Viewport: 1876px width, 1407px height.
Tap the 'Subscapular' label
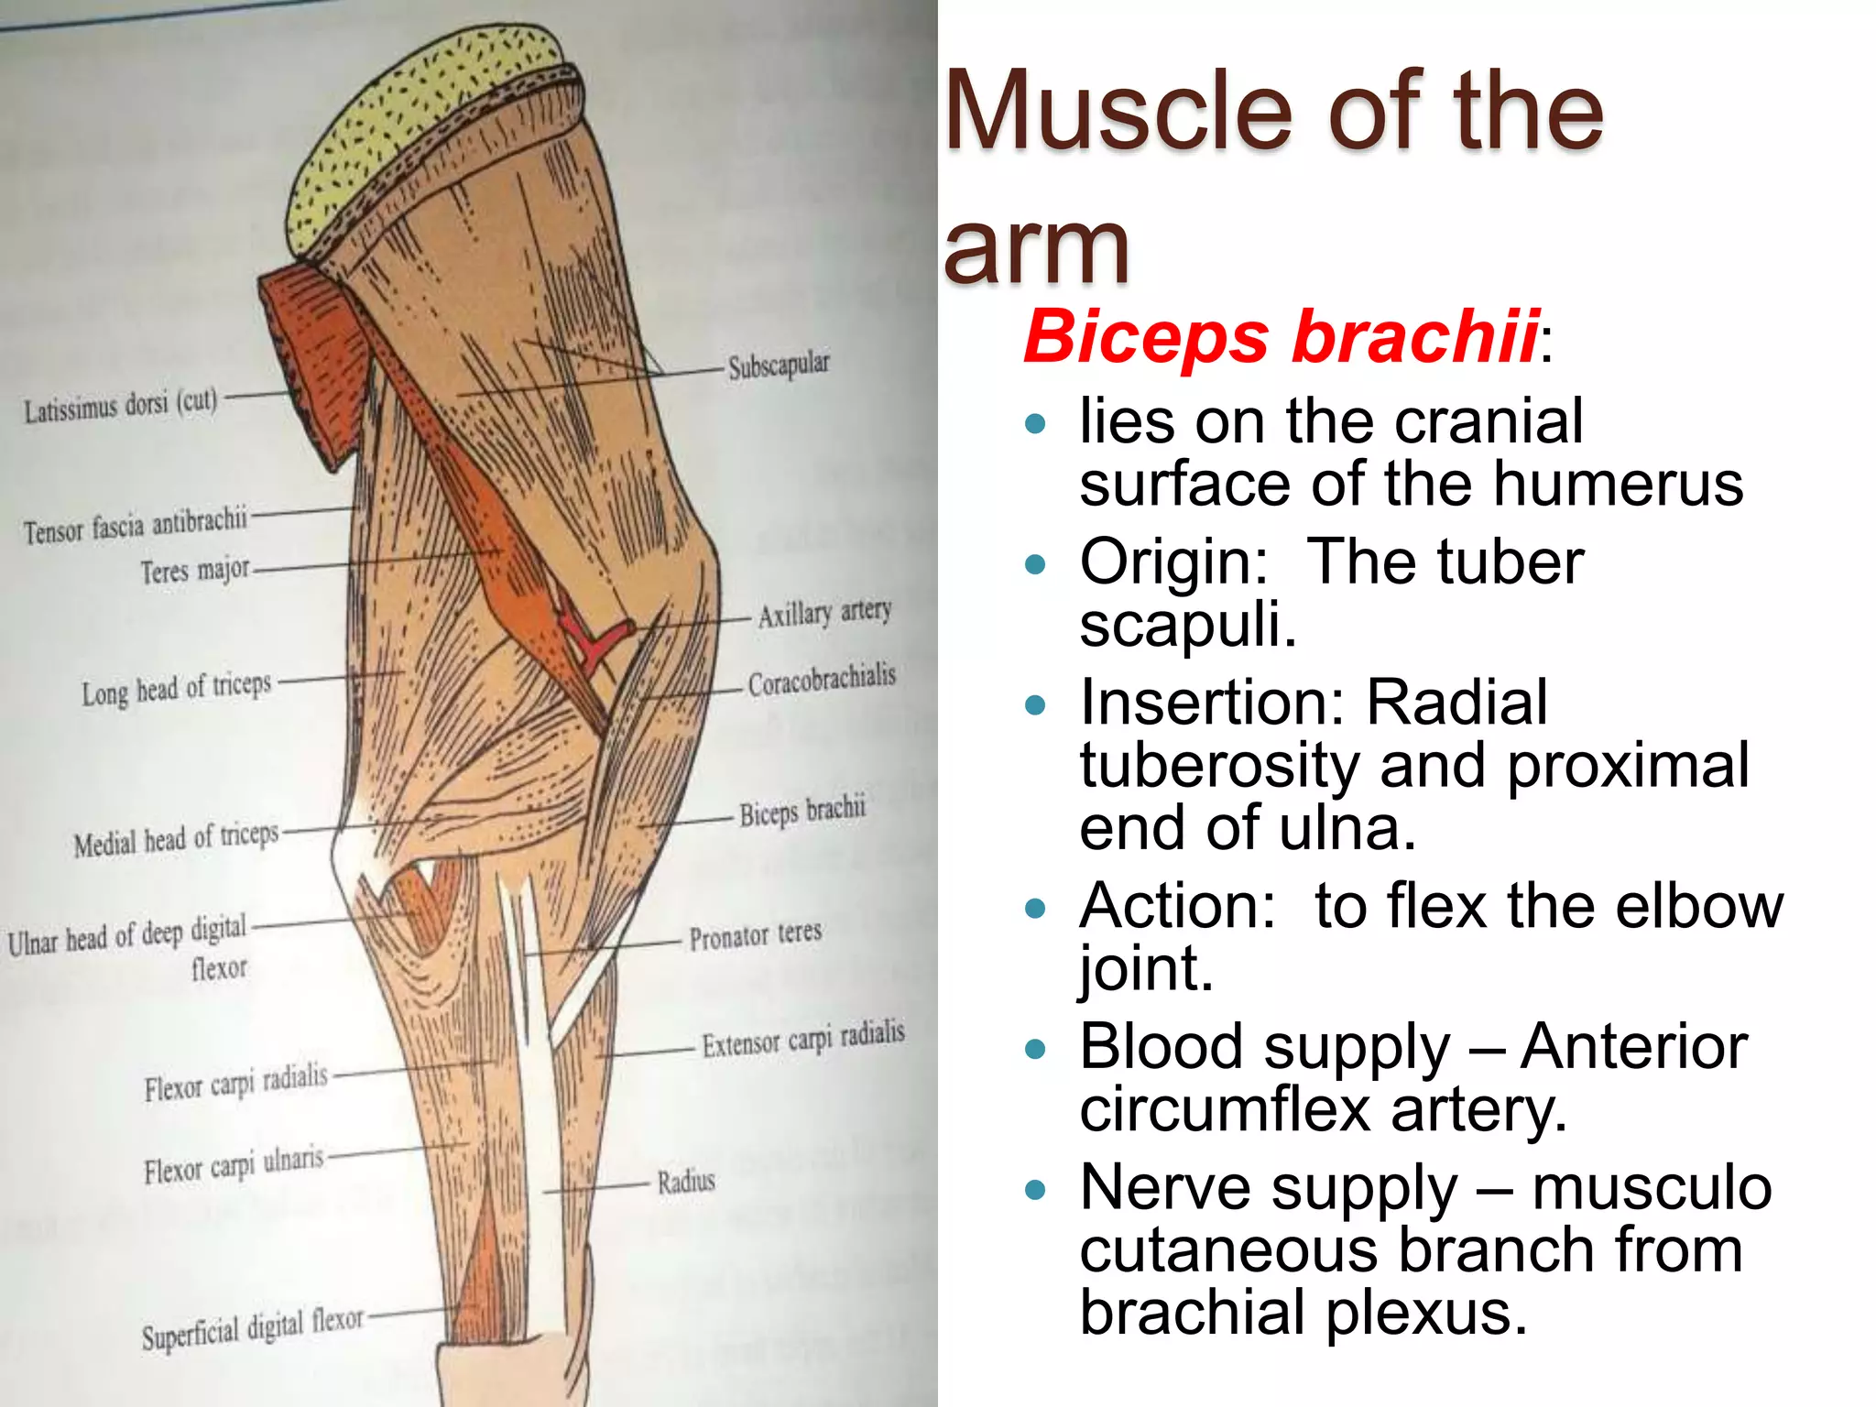[x=779, y=365]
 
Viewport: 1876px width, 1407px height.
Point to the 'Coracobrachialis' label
[x=822, y=681]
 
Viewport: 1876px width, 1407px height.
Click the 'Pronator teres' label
[x=756, y=935]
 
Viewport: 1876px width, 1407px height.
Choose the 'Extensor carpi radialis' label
[x=803, y=1039]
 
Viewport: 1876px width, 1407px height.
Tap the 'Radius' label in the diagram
[x=686, y=1181]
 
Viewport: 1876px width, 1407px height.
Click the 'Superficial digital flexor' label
[x=252, y=1327]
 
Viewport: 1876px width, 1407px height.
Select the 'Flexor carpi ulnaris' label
[x=234, y=1165]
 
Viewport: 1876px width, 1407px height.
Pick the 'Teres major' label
[x=194, y=571]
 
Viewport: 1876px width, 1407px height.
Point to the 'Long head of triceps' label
[x=177, y=689]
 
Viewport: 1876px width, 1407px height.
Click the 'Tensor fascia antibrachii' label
[x=136, y=526]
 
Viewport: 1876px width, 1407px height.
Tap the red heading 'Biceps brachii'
[x=1281, y=336]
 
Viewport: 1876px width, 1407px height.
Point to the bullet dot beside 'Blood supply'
[x=1036, y=1048]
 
